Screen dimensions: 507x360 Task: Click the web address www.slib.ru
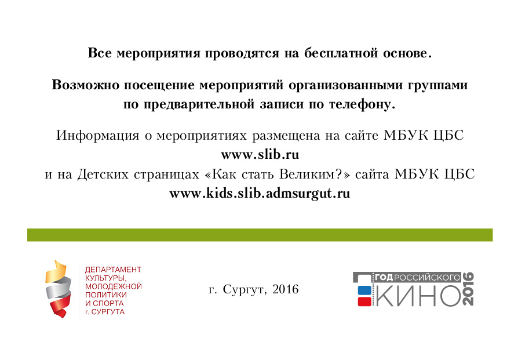[x=260, y=155]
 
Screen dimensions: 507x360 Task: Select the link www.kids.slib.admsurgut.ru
[x=260, y=194]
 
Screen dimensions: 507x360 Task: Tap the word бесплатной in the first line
[x=341, y=53]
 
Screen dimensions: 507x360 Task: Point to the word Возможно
[x=86, y=85]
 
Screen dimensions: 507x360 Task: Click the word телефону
[x=362, y=104]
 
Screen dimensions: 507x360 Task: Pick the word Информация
[x=98, y=136]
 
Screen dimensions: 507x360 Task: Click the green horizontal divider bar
[x=260, y=235]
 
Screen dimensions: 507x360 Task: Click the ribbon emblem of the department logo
[x=58, y=289]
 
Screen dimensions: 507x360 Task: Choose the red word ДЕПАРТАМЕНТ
[x=113, y=270]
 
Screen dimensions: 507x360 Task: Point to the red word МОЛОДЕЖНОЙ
[x=114, y=286]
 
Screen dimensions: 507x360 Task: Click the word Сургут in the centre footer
[x=245, y=289]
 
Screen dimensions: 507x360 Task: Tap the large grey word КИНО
[x=418, y=295]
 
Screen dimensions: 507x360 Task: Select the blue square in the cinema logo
[x=364, y=290]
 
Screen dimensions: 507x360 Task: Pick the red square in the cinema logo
[x=364, y=301]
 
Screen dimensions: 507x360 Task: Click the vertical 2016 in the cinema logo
[x=468, y=289]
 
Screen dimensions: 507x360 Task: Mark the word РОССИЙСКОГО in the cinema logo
[x=427, y=278]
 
